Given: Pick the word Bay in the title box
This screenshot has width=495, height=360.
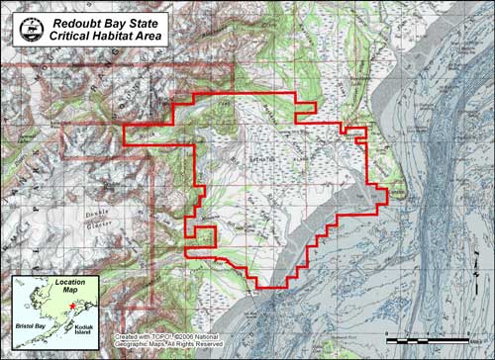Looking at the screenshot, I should pyautogui.click(x=132, y=20).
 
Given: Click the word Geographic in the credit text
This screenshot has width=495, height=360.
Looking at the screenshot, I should pyautogui.click(x=137, y=346).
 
